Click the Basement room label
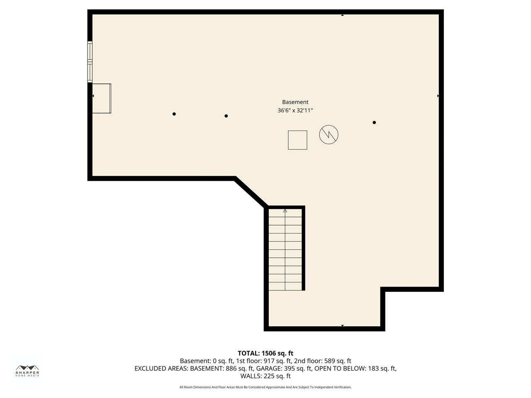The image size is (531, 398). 295,102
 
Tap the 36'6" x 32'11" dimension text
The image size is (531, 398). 295,110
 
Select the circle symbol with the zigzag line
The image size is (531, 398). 329,135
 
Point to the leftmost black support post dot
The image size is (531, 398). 174,114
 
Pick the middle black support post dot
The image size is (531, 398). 226,116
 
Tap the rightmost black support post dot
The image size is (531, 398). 374,123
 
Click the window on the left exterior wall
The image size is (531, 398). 90,62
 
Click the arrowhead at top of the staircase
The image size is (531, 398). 285,211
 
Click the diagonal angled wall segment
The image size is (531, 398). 251,192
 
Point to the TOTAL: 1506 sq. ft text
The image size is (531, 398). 265,353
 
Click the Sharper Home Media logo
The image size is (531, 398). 27,371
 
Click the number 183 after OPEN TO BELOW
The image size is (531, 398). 373,368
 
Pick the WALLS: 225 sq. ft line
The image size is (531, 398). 265,376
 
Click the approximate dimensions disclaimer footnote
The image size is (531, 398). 265,387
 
